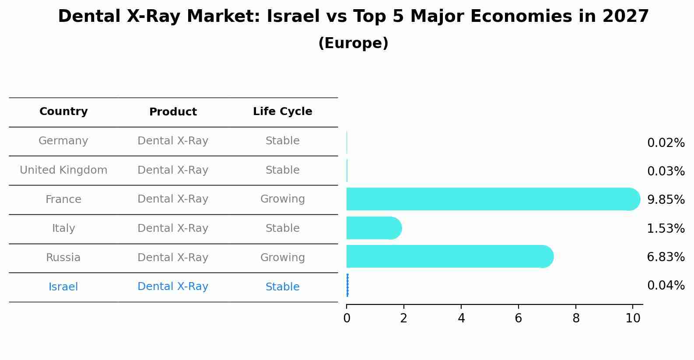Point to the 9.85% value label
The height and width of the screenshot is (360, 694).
click(x=666, y=200)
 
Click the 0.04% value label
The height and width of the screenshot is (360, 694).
click(x=666, y=286)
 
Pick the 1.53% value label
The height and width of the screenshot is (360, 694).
click(x=666, y=228)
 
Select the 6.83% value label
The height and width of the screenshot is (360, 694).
click(x=666, y=257)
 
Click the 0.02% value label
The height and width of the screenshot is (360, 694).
click(x=666, y=143)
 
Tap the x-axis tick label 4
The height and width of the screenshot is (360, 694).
click(x=461, y=318)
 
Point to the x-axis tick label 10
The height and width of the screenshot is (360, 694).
click(x=633, y=318)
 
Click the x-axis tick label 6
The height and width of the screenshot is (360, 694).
click(x=519, y=318)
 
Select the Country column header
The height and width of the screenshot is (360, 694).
click(x=63, y=112)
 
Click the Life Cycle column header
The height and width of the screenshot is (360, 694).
click(x=282, y=112)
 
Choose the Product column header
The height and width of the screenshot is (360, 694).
click(x=173, y=112)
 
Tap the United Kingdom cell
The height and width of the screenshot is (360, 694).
click(x=63, y=170)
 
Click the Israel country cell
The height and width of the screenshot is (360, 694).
click(x=63, y=287)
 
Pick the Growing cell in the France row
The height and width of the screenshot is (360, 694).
click(x=282, y=199)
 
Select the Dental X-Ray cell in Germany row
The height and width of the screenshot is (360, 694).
click(x=173, y=141)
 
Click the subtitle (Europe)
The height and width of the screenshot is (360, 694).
click(x=353, y=43)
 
